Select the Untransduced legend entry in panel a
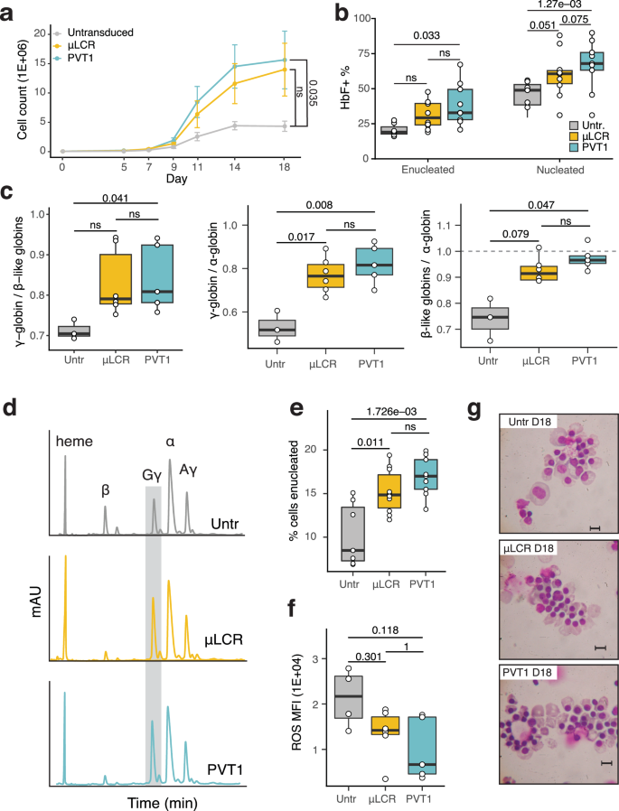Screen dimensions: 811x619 96,32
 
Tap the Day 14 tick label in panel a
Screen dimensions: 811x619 210,167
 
